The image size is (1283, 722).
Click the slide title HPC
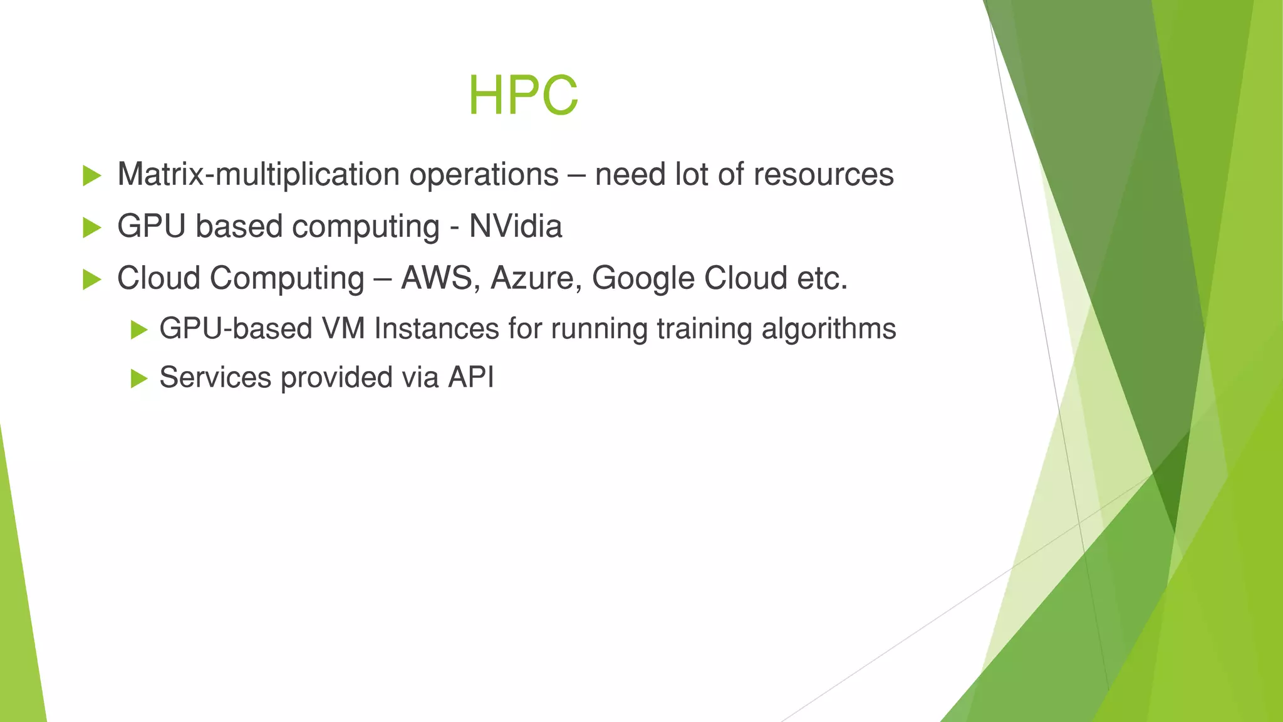(x=523, y=96)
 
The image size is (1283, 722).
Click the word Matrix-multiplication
(x=258, y=174)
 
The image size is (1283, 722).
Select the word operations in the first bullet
(x=484, y=174)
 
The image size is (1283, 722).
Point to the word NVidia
(x=515, y=226)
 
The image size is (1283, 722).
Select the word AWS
(x=436, y=278)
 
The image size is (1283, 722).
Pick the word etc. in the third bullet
(x=822, y=278)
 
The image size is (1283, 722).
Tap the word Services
(x=215, y=377)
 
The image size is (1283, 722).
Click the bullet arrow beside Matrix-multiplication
(x=91, y=176)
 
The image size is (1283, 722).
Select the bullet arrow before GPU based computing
(x=91, y=228)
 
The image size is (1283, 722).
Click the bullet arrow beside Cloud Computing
(x=91, y=280)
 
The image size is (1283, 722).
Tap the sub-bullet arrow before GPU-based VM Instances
(x=138, y=330)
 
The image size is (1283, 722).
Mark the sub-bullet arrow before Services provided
(x=138, y=379)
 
